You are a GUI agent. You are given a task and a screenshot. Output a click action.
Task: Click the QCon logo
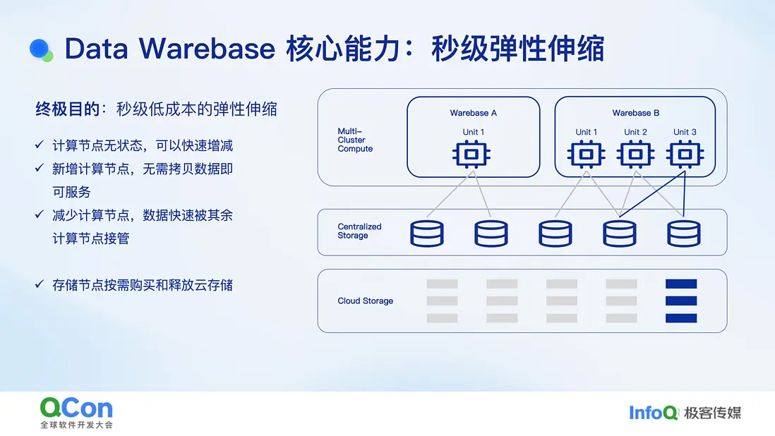point(77,412)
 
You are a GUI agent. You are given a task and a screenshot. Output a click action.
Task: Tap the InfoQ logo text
point(653,413)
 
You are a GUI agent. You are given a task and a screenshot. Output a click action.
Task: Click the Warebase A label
point(473,113)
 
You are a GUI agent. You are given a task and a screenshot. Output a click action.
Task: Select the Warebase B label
point(636,113)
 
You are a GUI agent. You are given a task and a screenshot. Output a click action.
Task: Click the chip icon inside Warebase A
point(471,155)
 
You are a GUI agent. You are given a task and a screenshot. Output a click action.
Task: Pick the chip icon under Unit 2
point(636,155)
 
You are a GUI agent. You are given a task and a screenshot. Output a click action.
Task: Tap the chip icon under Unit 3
point(685,155)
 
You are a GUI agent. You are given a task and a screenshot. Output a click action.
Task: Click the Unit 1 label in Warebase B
point(587,133)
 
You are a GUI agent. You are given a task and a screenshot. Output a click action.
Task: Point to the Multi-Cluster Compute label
point(355,140)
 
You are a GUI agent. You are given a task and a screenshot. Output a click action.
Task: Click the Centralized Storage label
point(359,231)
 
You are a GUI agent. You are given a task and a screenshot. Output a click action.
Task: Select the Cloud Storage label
point(365,301)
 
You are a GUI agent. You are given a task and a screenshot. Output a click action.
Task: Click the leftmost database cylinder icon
point(427,234)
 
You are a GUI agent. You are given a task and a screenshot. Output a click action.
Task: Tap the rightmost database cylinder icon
point(684,234)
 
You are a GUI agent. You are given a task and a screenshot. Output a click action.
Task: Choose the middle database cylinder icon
point(555,234)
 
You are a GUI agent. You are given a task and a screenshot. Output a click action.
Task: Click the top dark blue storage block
point(681,284)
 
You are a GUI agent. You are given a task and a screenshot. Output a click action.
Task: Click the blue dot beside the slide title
point(40,49)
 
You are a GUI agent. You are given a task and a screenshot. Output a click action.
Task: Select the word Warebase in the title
point(207,49)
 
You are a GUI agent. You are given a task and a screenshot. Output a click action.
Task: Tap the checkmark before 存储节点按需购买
point(40,284)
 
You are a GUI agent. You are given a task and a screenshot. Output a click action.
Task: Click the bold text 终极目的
point(68,109)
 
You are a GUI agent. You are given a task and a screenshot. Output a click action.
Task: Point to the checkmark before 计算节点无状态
point(40,145)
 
